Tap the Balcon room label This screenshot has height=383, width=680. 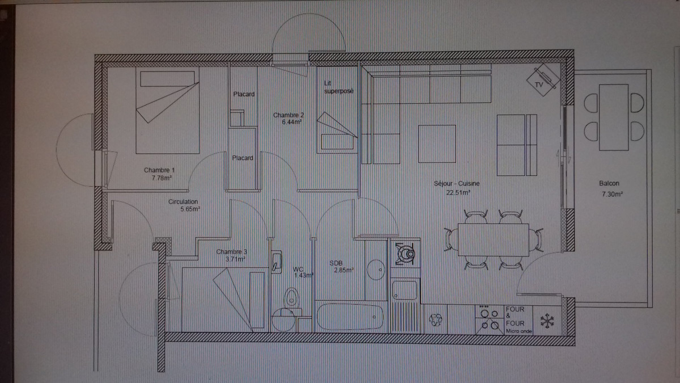(x=609, y=183)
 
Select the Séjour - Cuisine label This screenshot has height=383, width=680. (x=457, y=183)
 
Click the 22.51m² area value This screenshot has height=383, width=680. (x=458, y=192)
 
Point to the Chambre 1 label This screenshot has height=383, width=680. (x=159, y=170)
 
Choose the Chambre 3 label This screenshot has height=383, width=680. (x=232, y=251)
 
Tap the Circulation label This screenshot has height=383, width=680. (x=183, y=201)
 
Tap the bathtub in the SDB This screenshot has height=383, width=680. (x=350, y=317)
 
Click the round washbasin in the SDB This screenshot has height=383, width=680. (x=374, y=270)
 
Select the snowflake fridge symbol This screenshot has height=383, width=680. (x=547, y=321)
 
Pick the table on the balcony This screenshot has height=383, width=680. (x=614, y=117)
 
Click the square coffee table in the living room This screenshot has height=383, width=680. (x=437, y=144)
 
